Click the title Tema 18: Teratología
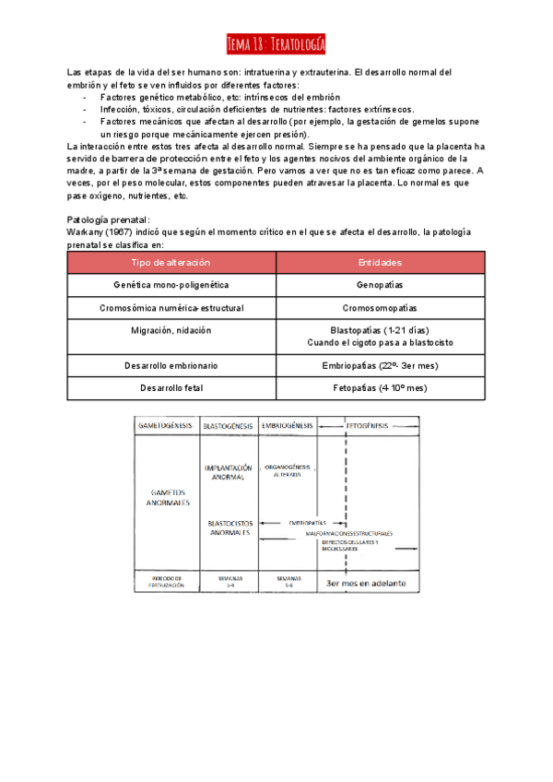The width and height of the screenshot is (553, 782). click(x=276, y=44)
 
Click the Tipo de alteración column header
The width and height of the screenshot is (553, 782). click(x=171, y=263)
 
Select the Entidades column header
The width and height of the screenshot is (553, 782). click(x=380, y=263)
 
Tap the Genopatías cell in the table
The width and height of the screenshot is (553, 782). click(x=380, y=286)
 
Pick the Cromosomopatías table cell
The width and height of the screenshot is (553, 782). click(x=380, y=308)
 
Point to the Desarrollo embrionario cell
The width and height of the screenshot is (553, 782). click(x=171, y=366)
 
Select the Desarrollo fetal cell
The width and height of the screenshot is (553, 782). click(x=171, y=388)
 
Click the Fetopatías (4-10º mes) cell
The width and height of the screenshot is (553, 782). click(x=380, y=388)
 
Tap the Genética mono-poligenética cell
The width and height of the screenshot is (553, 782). click(x=171, y=286)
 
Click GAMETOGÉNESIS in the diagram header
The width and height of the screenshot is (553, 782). click(x=166, y=427)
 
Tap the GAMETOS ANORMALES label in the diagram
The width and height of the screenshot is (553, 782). click(x=166, y=498)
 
